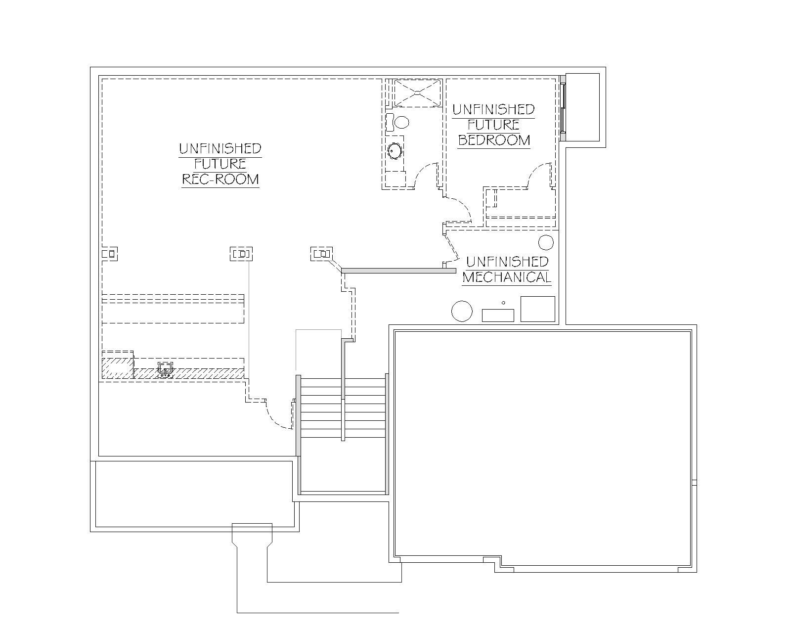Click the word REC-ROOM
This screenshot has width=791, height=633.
pos(220,179)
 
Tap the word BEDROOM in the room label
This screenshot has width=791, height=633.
pos(494,140)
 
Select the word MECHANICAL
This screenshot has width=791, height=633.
pos(507,277)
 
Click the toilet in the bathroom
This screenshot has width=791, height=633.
pos(397,123)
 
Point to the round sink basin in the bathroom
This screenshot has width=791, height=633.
pos(395,151)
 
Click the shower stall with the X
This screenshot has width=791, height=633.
pos(418,93)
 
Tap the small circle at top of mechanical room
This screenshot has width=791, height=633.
pos(546,243)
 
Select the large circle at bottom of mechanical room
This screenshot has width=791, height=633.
pos(462,311)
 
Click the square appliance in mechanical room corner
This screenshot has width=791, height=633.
pos(538,309)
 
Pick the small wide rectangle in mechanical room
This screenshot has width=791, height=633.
pos(498,316)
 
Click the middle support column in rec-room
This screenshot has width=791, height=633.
pos(241,254)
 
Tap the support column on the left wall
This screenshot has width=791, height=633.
pos(110,254)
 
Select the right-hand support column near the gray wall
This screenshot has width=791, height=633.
pos(322,254)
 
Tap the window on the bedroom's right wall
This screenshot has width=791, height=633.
pos(563,108)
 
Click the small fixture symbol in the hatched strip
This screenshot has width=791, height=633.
pos(166,369)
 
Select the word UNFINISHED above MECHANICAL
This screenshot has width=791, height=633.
pos(507,262)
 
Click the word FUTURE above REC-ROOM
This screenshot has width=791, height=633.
pos(220,164)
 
